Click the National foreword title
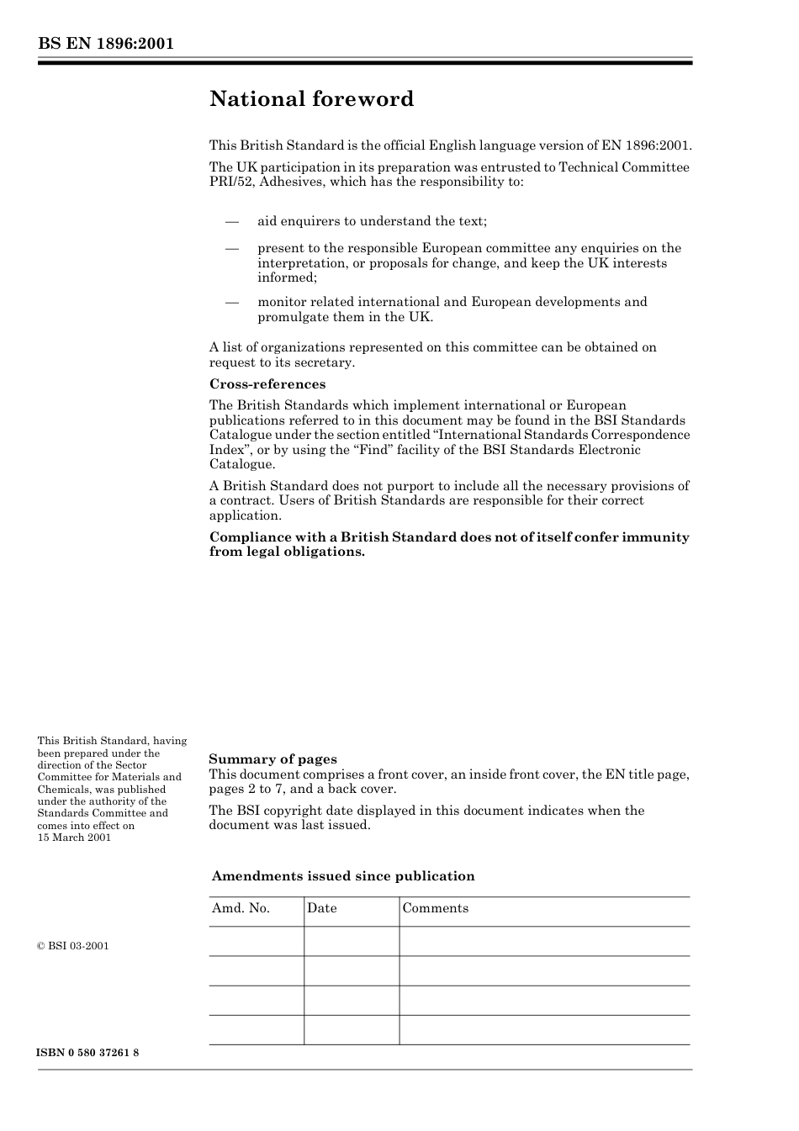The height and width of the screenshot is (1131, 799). pyautogui.click(x=311, y=99)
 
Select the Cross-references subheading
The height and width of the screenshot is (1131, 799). pyautogui.click(x=267, y=384)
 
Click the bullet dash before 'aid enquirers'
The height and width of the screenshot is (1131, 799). pyautogui.click(x=232, y=221)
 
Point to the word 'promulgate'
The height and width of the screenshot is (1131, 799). pyautogui.click(x=291, y=317)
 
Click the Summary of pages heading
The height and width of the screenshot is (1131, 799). pyautogui.click(x=273, y=759)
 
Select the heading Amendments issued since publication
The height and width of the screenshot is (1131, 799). pyautogui.click(x=343, y=876)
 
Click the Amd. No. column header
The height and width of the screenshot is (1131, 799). pyautogui.click(x=241, y=908)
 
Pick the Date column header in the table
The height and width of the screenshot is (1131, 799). pyautogui.click(x=321, y=908)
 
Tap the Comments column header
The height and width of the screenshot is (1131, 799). pyautogui.click(x=435, y=908)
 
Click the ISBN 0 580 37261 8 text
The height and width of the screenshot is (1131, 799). pyautogui.click(x=88, y=1054)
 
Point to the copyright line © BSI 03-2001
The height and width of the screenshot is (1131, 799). pyautogui.click(x=73, y=946)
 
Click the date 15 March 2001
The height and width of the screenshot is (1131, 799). pyautogui.click(x=74, y=838)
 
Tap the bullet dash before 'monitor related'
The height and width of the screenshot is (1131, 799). pyautogui.click(x=232, y=302)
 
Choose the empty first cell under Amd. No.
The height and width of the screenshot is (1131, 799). pyautogui.click(x=257, y=942)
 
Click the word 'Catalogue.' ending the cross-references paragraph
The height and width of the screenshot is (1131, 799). pyautogui.click(x=242, y=464)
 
